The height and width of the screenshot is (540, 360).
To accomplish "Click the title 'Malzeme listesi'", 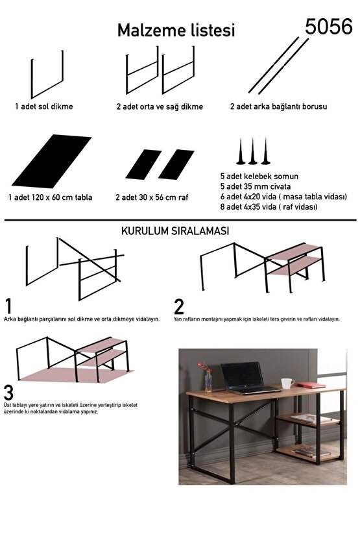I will click(x=176, y=31).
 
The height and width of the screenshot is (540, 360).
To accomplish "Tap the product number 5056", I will click(x=329, y=26).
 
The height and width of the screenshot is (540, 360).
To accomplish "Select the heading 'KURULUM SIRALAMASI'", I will click(x=174, y=230).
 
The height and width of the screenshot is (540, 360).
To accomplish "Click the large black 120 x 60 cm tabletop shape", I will click(x=51, y=161).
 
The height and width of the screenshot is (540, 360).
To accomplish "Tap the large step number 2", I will click(x=180, y=306).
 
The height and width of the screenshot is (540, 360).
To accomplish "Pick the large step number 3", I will click(x=9, y=393).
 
